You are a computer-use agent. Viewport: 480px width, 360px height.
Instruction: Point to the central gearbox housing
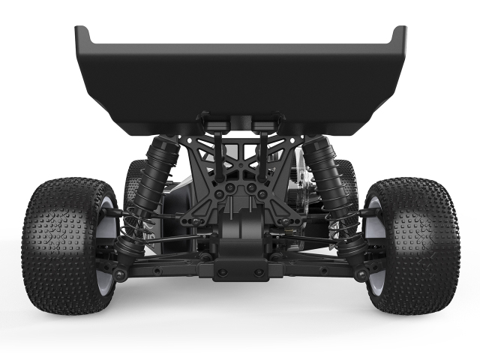[240, 232]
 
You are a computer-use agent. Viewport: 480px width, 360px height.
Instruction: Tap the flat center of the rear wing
[240, 75]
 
